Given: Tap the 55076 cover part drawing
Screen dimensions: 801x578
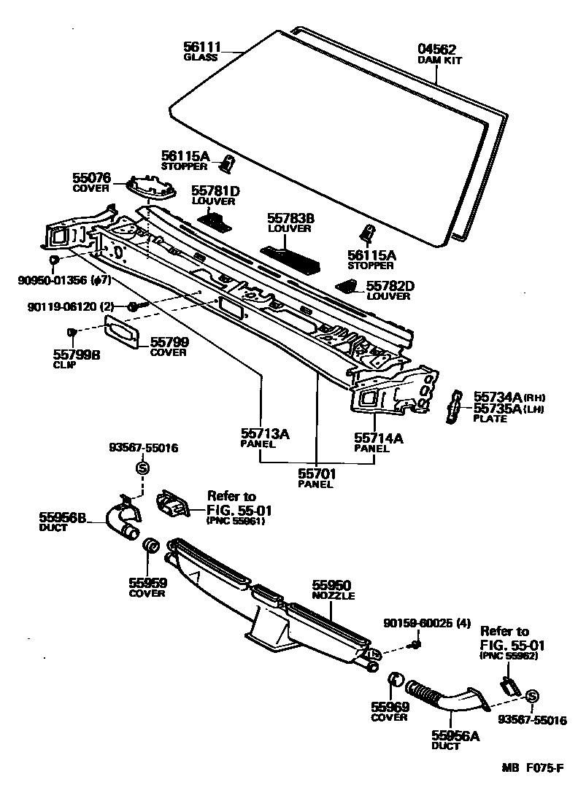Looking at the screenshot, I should coord(151,187).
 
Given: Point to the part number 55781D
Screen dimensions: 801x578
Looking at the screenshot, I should coord(215,191).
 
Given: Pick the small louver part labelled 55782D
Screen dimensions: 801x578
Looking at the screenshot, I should coord(348,286).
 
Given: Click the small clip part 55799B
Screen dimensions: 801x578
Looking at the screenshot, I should coord(72,333).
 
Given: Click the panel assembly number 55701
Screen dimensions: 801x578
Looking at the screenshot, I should coord(316,473).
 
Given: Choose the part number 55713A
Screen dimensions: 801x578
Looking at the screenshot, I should coord(266,434).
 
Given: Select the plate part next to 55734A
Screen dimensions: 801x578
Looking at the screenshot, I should coord(453,406).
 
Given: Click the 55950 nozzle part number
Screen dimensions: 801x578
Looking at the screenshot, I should coord(332,585).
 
